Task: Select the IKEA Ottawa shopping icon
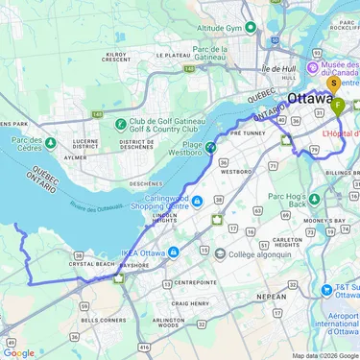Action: point(174,252)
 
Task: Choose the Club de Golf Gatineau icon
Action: point(121,122)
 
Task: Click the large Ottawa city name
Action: point(311,99)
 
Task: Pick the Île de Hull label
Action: point(279,69)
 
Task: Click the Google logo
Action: point(19,352)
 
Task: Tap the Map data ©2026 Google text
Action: point(324,355)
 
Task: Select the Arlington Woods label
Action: point(168,324)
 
